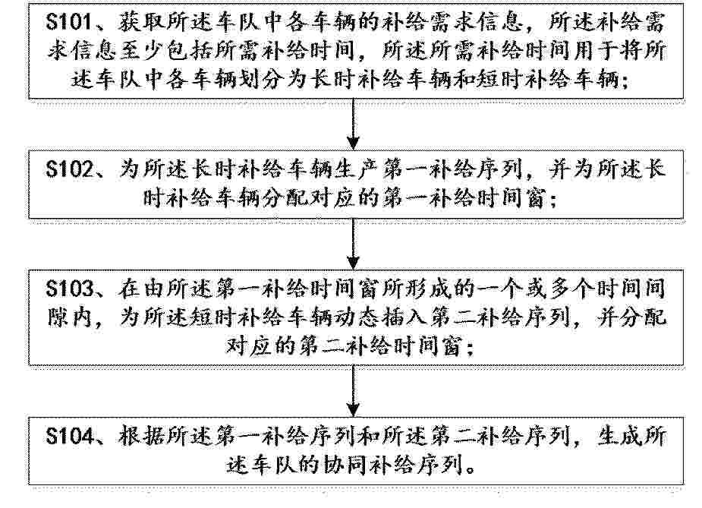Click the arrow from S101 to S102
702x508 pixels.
(353, 124)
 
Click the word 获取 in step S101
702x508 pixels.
(143, 23)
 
